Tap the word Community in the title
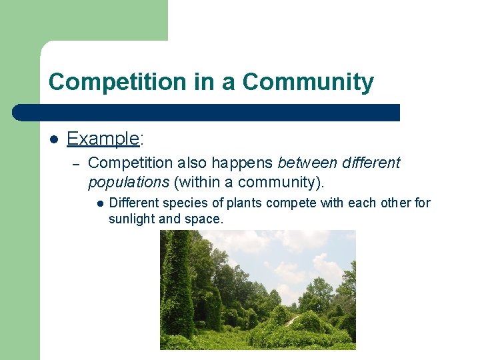[308, 82]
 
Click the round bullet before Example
[53, 139]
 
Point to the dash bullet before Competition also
[76, 164]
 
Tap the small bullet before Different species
[98, 203]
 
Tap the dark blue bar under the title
[207, 113]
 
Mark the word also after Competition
[192, 163]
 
